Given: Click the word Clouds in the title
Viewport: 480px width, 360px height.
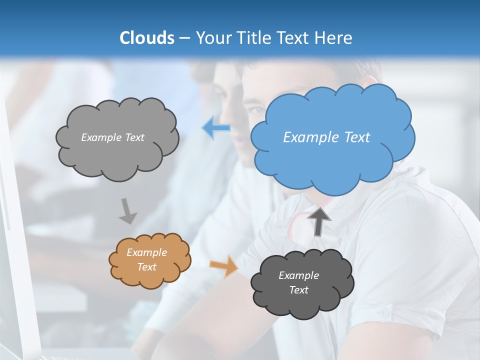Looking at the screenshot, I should [147, 38].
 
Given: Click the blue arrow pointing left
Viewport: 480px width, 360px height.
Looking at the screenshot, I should [216, 128].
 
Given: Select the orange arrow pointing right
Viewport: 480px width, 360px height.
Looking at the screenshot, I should [224, 266].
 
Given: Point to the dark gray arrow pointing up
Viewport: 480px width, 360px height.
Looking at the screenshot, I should [318, 221].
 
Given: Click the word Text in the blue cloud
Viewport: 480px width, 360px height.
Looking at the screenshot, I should [357, 137].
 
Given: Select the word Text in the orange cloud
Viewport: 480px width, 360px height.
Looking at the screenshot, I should [147, 267].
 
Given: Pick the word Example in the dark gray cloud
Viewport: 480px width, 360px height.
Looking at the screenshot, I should [298, 275].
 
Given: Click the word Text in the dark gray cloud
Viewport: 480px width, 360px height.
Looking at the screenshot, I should [298, 290].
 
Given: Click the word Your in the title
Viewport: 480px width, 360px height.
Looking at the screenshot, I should [212, 38].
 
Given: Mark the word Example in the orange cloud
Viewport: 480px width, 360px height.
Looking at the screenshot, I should [147, 252].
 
